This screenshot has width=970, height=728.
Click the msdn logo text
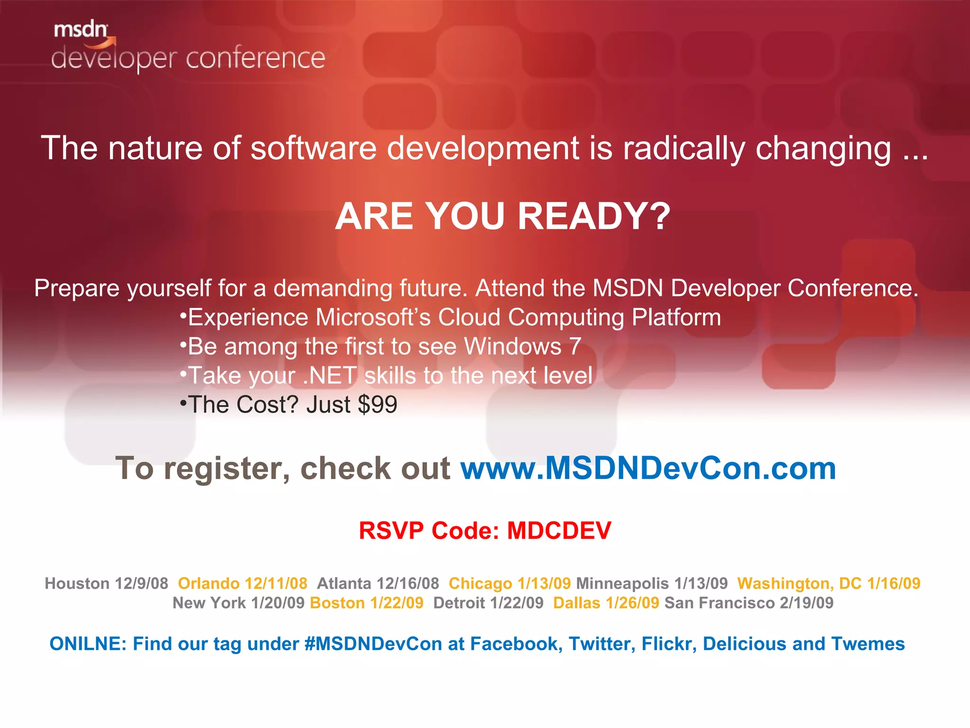click(x=81, y=30)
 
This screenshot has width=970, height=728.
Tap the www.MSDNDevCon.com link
click(x=648, y=468)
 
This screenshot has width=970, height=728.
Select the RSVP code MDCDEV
click(x=559, y=530)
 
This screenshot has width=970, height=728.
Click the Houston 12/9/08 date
click(x=106, y=583)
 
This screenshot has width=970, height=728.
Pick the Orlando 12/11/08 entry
click(x=242, y=583)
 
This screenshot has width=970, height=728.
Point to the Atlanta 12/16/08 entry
click(x=377, y=583)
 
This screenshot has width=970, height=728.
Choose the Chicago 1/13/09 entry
click(x=510, y=583)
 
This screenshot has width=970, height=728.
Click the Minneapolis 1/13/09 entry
click(x=652, y=583)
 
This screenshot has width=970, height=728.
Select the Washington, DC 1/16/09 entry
click(x=828, y=583)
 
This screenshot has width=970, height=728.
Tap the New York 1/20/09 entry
click(x=238, y=603)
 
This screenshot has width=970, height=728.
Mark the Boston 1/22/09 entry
click(x=367, y=603)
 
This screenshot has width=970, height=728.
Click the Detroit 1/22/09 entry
click(x=488, y=603)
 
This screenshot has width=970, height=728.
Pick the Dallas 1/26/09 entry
click(x=606, y=603)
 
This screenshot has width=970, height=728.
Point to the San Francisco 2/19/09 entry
click(x=749, y=603)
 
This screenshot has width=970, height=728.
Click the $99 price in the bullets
click(x=377, y=405)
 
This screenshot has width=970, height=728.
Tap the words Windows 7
click(x=522, y=346)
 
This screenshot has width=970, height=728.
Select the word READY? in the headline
click(x=594, y=216)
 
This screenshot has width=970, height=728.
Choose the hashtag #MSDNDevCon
click(x=373, y=644)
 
